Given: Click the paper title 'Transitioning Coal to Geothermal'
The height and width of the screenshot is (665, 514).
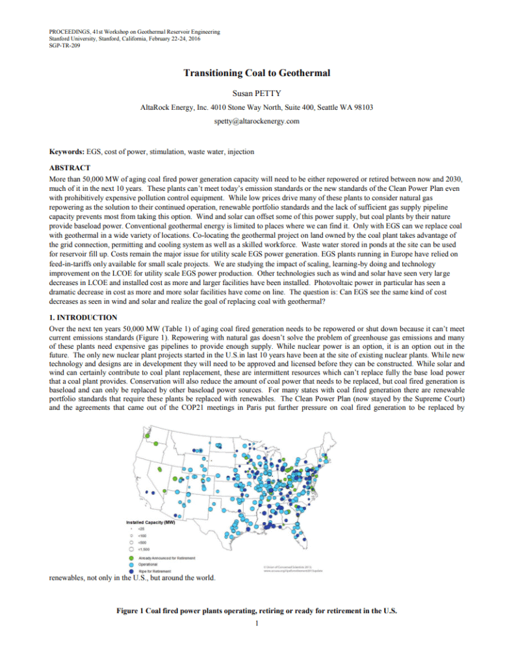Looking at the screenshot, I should pos(257,73).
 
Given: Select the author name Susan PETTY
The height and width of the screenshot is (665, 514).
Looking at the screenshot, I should pos(257,93).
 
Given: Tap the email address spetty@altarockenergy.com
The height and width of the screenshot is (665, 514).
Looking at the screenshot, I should pos(257,121).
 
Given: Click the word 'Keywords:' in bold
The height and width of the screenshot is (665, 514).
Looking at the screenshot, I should pos(68,151).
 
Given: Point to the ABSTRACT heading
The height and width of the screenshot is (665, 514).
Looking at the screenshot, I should pos(70,167).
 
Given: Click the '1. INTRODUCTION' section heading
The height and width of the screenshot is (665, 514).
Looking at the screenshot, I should pos(84,318).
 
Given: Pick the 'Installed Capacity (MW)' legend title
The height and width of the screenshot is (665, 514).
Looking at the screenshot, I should pos(151,522).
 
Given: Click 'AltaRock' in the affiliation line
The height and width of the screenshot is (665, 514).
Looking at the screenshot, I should pos(155,107).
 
